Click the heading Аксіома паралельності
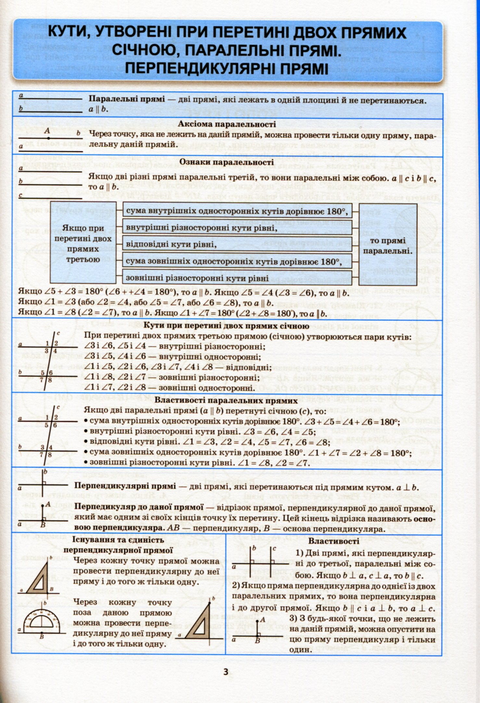[227, 124]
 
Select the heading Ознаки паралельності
[226, 162]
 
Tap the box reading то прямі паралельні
[388, 246]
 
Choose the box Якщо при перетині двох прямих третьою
[83, 243]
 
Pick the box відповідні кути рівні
[237, 244]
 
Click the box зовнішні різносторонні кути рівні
[237, 278]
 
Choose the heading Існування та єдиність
[118, 540]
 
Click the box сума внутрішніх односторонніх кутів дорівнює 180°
[237, 211]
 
